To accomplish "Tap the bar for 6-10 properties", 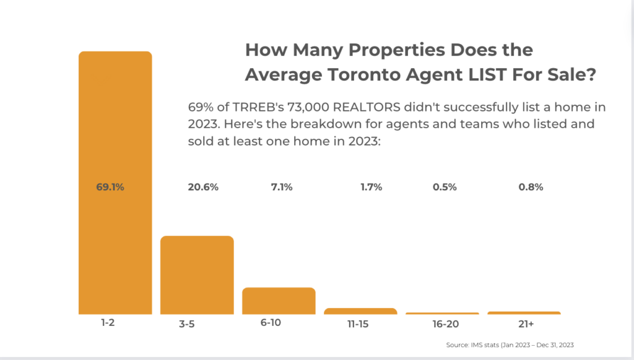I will click(x=279, y=301).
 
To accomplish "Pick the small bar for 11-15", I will click(x=360, y=310).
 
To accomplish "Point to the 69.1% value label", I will click(x=110, y=187).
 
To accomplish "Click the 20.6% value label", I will click(x=203, y=187).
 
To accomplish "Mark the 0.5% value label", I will click(x=445, y=187).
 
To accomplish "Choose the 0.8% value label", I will click(x=531, y=187).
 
